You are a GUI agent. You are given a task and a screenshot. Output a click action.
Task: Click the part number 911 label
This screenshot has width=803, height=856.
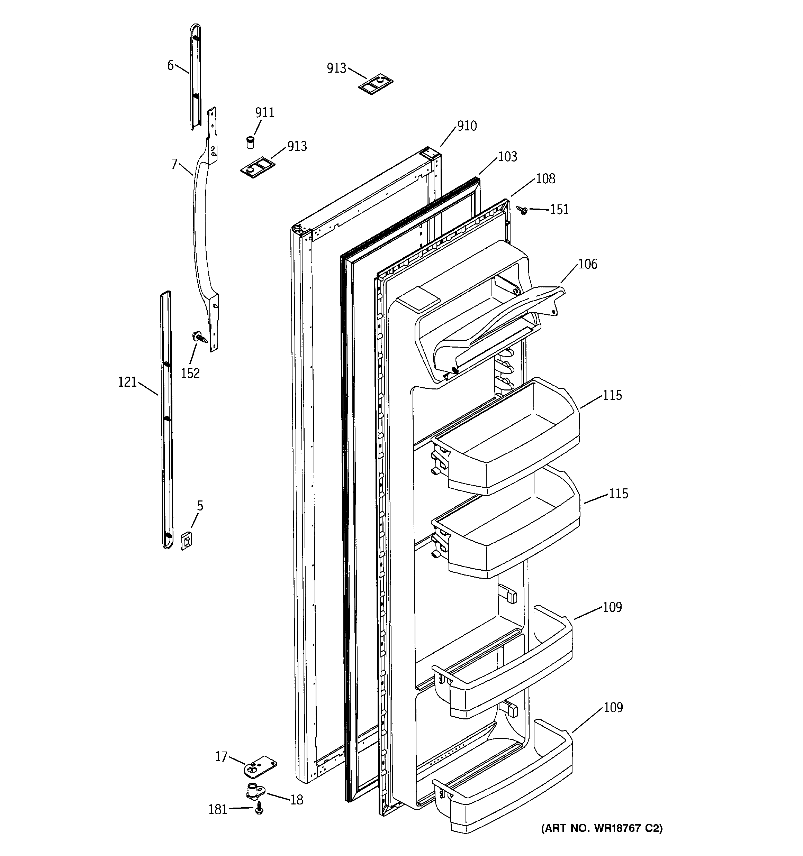[x=265, y=113]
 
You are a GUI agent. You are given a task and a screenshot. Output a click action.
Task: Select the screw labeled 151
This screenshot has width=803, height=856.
[x=523, y=211]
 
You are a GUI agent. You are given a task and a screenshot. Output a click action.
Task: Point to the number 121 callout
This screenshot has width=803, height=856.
[x=128, y=382]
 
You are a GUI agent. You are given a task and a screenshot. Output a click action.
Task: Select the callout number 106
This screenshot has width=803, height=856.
[x=587, y=264]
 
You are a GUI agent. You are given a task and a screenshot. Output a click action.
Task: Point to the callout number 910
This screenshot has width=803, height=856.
[x=467, y=126]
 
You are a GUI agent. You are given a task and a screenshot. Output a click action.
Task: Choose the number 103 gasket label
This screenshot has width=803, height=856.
[x=507, y=157]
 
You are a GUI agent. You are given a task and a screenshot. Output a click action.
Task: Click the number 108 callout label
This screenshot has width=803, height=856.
[x=545, y=179]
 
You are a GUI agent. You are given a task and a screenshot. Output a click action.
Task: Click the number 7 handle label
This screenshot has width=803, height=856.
[x=174, y=164]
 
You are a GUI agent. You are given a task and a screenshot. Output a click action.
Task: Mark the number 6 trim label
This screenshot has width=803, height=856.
[x=170, y=65]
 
